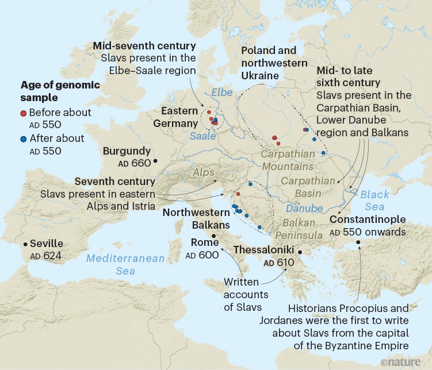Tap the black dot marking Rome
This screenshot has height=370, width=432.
(214, 236)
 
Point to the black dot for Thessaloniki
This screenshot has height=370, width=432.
(299, 251)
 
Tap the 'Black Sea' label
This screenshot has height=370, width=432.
(375, 201)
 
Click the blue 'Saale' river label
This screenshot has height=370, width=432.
(203, 136)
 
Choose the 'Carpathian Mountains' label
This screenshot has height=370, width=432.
(288, 160)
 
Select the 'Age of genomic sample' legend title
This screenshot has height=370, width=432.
(60, 91)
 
